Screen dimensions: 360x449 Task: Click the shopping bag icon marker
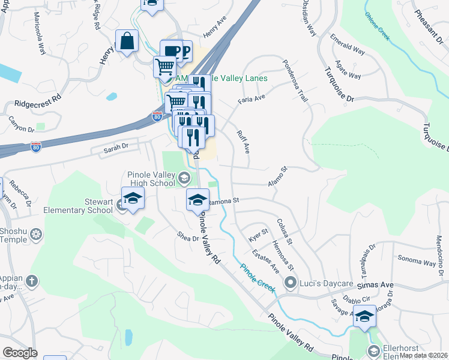coord(127,43)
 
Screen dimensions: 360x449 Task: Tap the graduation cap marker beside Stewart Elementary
coord(133,199)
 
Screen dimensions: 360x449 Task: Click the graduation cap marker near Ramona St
coord(197,200)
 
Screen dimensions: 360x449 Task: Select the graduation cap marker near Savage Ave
coord(364,316)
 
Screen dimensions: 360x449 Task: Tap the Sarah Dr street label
coord(116,146)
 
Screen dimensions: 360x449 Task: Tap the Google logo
coord(19,353)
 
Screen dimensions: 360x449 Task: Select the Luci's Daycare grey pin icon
coord(291,282)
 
